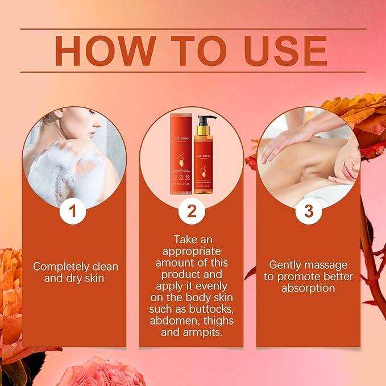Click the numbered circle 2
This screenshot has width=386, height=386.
point(192,211)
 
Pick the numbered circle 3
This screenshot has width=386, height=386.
point(308,211)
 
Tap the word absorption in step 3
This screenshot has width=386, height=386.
point(308,288)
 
